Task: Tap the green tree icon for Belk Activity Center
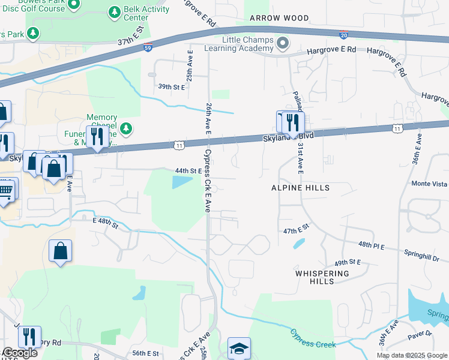[115, 12]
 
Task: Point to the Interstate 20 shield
[343, 35]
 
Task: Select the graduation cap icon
[239, 348]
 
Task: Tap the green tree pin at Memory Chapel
[125, 128]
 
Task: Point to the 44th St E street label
[187, 171]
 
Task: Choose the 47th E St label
[295, 230]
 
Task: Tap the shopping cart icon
[5, 190]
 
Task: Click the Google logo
[19, 353]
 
